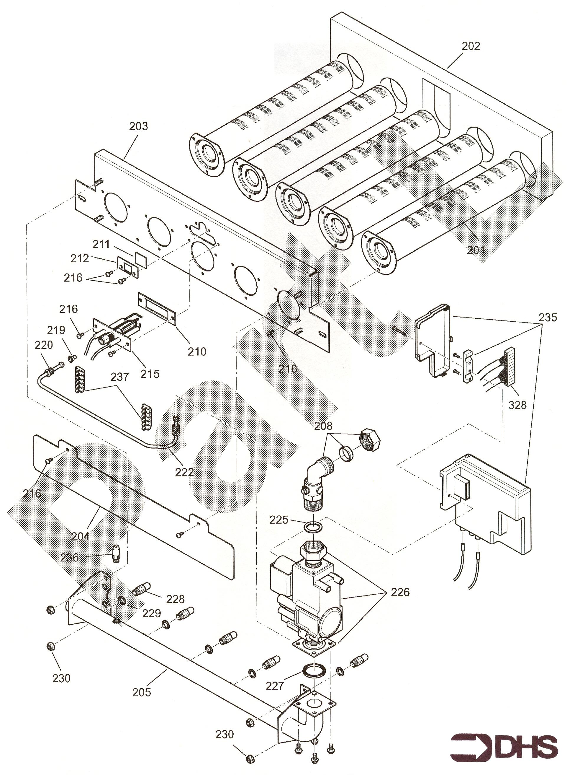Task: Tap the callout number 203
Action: pyautogui.click(x=139, y=126)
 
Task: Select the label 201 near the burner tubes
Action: pyautogui.click(x=476, y=250)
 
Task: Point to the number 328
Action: pyautogui.click(x=517, y=405)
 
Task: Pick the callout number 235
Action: pyautogui.click(x=548, y=318)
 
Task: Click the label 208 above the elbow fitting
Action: pyautogui.click(x=323, y=426)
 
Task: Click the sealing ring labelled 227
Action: pyautogui.click(x=315, y=670)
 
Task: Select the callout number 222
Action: pyautogui.click(x=184, y=472)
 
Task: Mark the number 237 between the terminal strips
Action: pyautogui.click(x=120, y=377)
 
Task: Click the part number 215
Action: pyautogui.click(x=150, y=374)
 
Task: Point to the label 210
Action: pyautogui.click(x=197, y=351)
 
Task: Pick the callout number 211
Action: pyautogui.click(x=101, y=244)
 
